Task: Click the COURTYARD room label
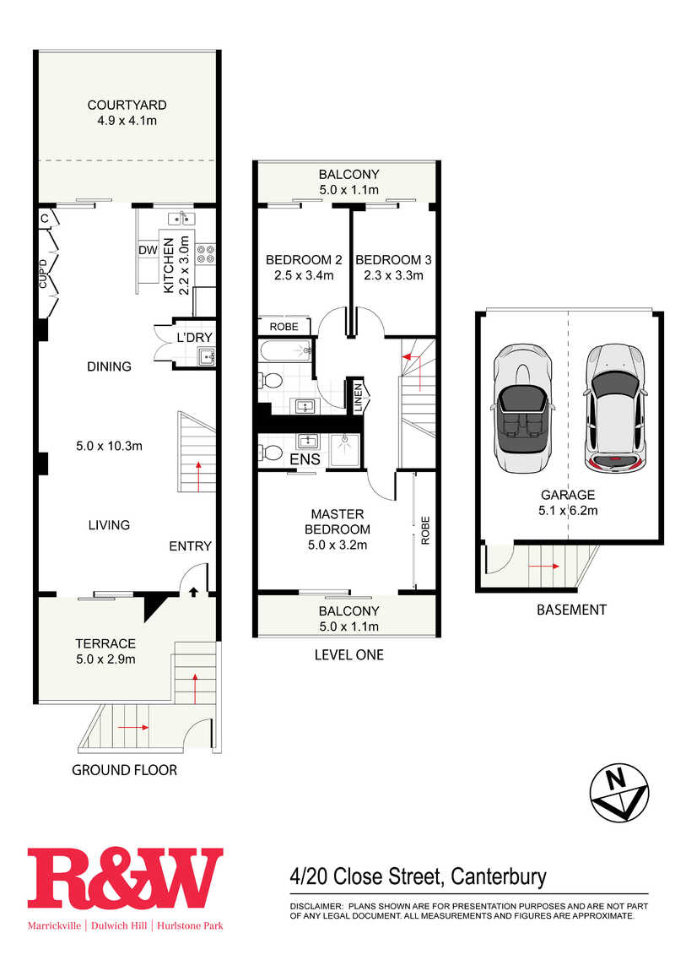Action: click(x=127, y=106)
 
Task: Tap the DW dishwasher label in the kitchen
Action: click(x=148, y=250)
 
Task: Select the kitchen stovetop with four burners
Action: click(x=205, y=254)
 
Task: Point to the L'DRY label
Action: click(x=194, y=338)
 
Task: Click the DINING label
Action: click(x=109, y=366)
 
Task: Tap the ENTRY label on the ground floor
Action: click(x=190, y=546)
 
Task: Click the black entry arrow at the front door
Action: click(x=193, y=592)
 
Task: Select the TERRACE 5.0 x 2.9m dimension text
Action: click(x=105, y=659)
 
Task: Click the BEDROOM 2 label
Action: click(x=304, y=260)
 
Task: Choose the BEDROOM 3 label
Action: click(x=393, y=260)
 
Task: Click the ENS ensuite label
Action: click(x=305, y=459)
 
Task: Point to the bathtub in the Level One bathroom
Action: click(x=284, y=351)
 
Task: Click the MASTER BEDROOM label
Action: click(x=338, y=522)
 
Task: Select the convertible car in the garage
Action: click(x=522, y=408)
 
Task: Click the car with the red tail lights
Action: click(x=615, y=408)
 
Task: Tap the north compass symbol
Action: click(x=619, y=792)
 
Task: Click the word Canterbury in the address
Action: click(x=499, y=877)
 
